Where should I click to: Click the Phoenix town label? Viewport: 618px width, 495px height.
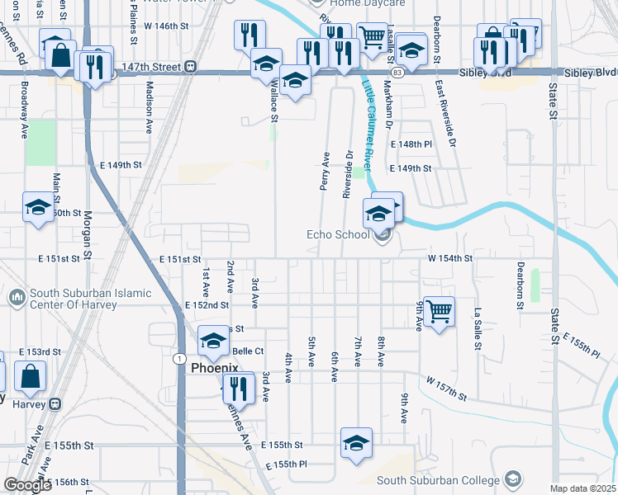click(x=215, y=367)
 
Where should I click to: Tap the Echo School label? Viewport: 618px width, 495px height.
click(x=338, y=234)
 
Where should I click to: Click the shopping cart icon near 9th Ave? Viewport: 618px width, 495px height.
click(x=439, y=312)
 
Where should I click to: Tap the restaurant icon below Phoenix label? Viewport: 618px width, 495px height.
click(x=238, y=387)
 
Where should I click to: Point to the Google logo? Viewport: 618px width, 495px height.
click(x=27, y=485)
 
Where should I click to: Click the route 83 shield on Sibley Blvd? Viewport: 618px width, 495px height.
click(x=398, y=73)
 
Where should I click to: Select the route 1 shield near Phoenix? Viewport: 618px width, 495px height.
click(x=178, y=358)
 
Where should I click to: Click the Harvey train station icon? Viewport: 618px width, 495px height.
click(x=56, y=404)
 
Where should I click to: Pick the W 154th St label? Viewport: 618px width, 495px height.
click(x=449, y=258)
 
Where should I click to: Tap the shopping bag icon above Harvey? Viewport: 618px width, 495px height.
click(x=30, y=376)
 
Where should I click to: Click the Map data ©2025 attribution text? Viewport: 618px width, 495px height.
click(x=582, y=488)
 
